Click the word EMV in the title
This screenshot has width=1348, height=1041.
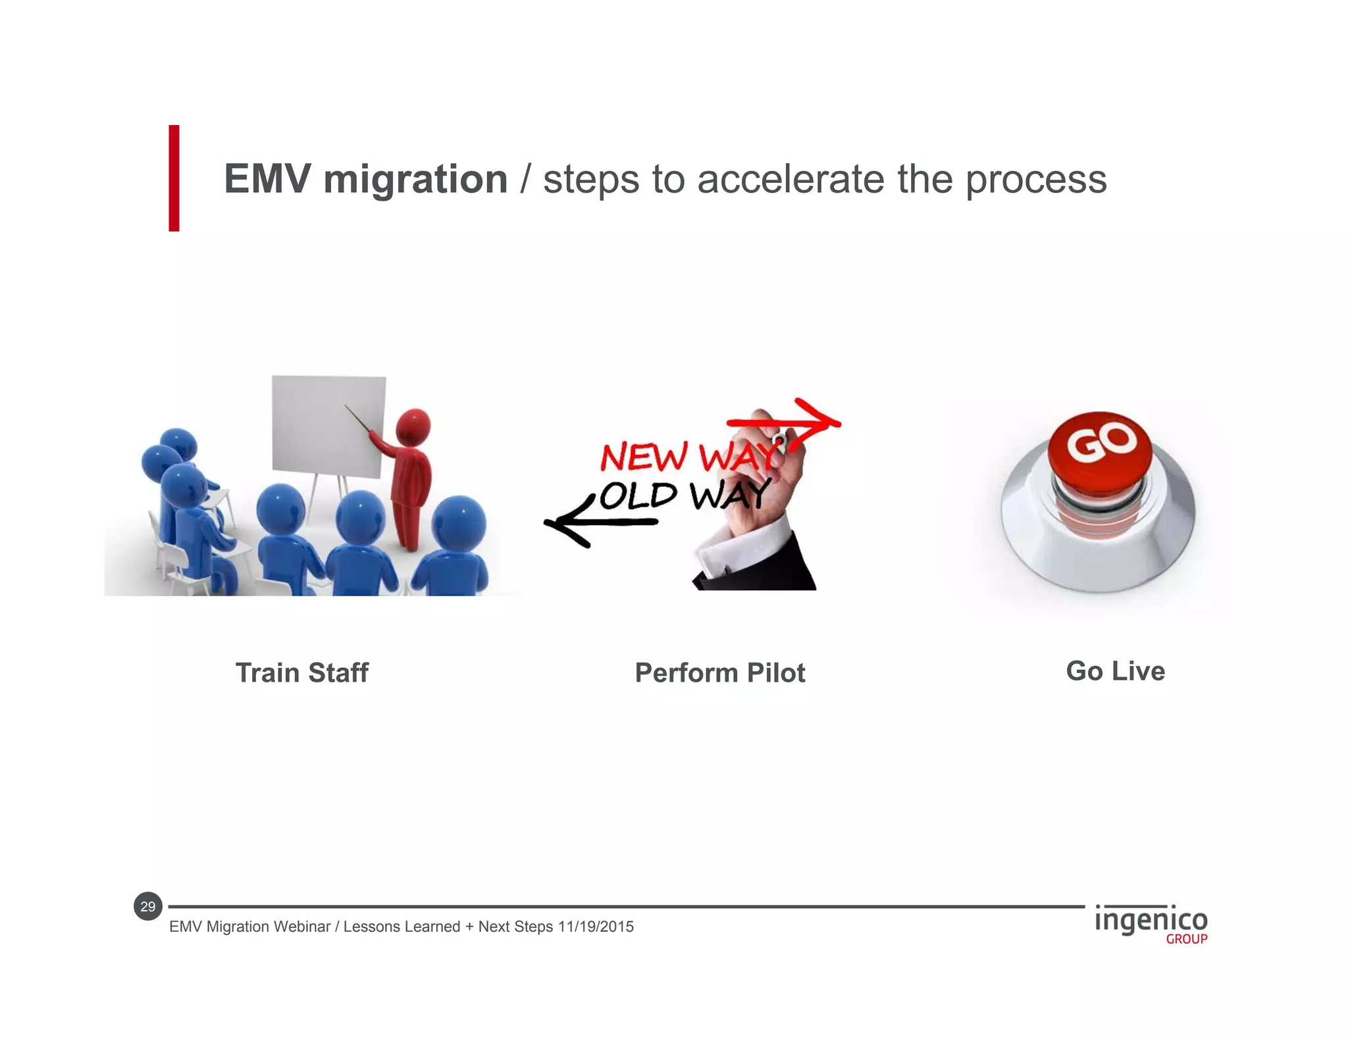[267, 179]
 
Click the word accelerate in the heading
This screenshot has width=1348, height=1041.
[791, 179]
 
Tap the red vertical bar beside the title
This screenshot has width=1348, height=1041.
[174, 178]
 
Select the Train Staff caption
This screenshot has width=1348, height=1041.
[302, 673]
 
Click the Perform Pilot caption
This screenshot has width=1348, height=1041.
[719, 673]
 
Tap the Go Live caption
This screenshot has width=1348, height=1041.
[1115, 671]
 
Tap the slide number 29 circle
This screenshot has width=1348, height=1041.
[148, 906]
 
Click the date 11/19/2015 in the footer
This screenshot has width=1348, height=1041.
[596, 927]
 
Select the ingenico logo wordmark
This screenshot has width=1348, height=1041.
[1151, 919]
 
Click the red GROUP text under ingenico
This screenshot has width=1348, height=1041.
[1186, 939]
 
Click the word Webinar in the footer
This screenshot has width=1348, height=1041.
[302, 927]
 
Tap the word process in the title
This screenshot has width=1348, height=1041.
[1036, 179]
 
